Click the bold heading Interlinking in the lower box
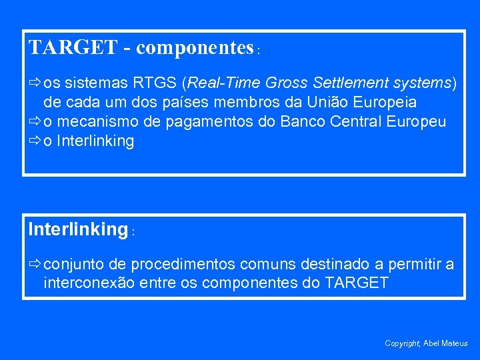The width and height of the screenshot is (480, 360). (77, 229)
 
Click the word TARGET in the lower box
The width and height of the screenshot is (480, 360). (356, 283)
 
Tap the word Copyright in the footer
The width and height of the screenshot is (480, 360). (402, 343)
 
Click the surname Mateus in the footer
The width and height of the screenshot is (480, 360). (455, 343)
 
